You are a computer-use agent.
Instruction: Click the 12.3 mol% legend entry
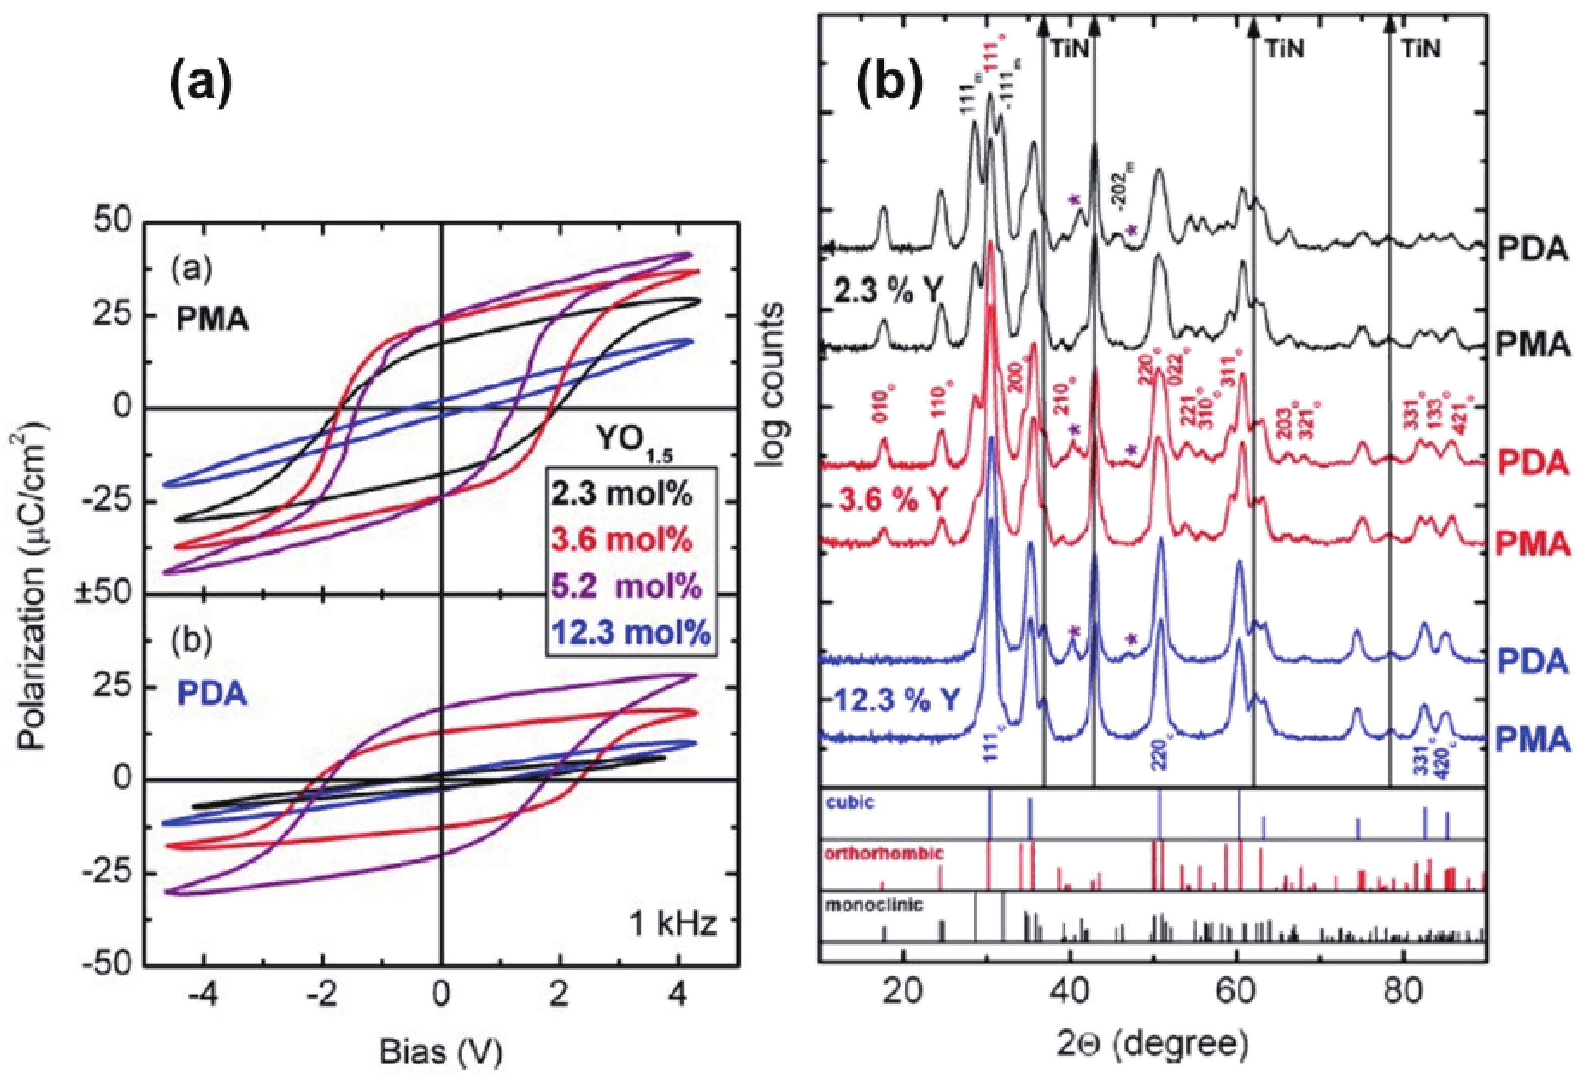pyautogui.click(x=631, y=633)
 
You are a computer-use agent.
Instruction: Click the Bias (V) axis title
pyautogui.click(x=441, y=1052)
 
